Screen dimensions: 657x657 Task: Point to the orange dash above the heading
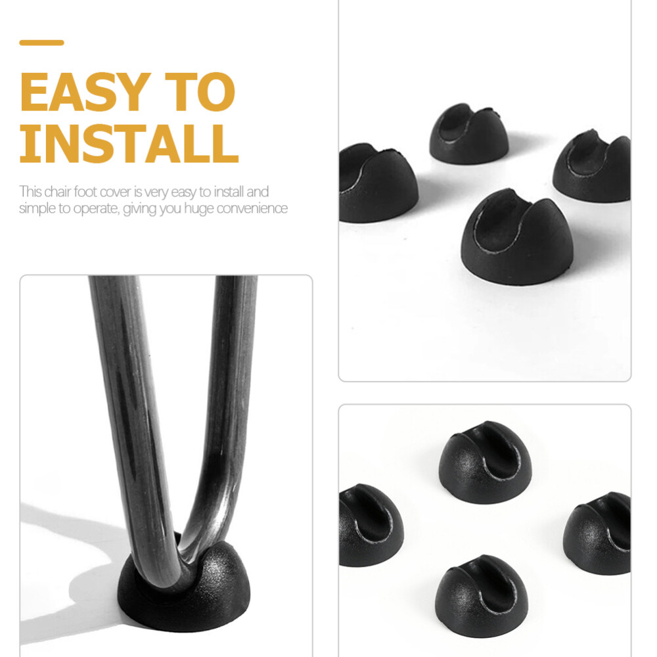pyautogui.click(x=41, y=43)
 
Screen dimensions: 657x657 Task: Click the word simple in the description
pyautogui.click(x=34, y=208)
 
